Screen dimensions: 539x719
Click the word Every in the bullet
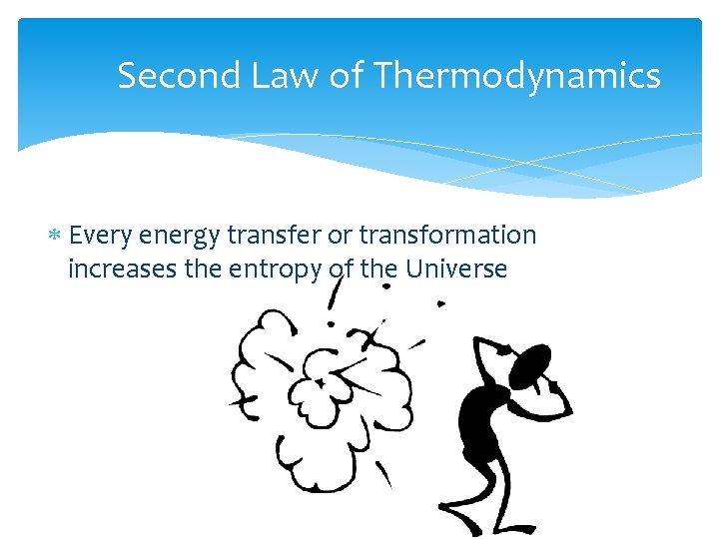click(x=102, y=236)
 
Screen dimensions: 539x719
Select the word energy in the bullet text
click(x=180, y=236)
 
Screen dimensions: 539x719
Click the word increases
click(x=118, y=269)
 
